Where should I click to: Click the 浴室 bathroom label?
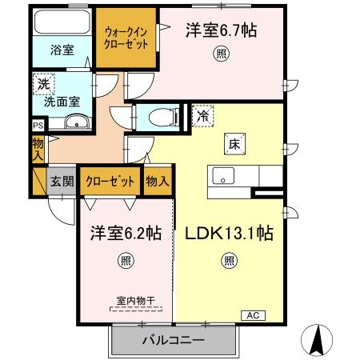point(64,50)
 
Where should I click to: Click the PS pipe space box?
point(37,126)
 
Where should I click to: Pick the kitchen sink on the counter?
point(222,176)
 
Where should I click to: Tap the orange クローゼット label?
point(110,182)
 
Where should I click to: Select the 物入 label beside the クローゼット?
point(158,182)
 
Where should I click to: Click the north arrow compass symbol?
point(318,341)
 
